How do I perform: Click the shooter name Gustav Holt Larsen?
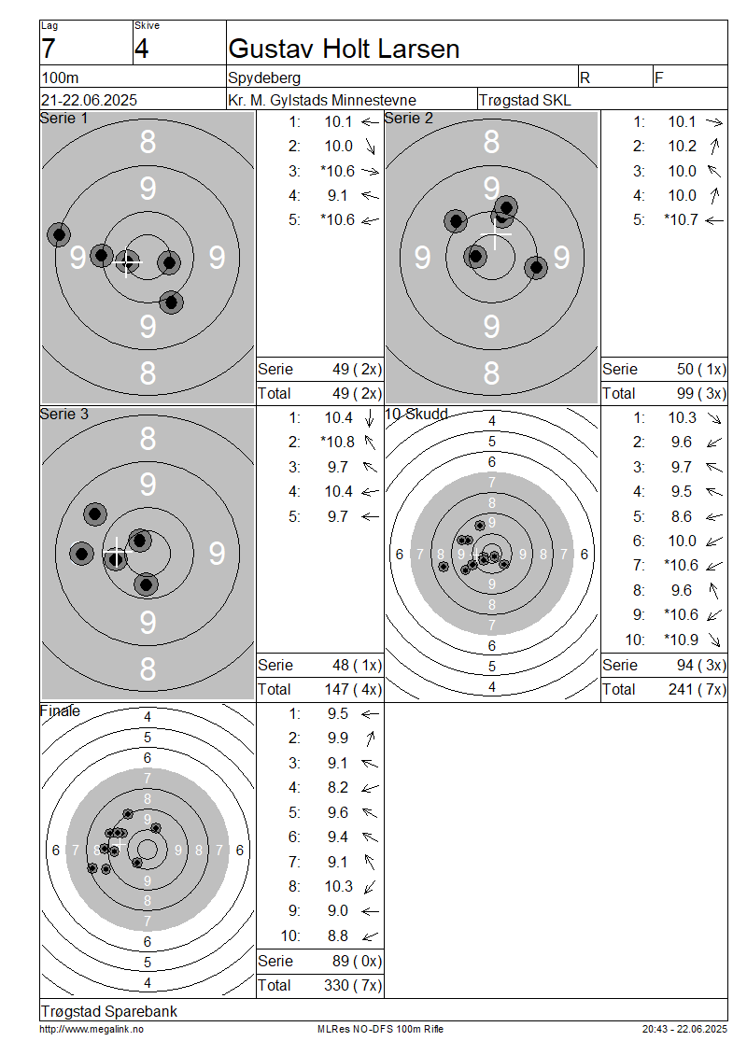point(344,49)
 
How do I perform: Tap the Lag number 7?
point(49,49)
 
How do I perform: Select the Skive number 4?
point(141,49)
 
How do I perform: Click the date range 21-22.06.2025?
point(89,100)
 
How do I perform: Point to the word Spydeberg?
point(264,78)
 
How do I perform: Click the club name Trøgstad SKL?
point(525,100)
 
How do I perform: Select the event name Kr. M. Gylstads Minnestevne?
point(322,100)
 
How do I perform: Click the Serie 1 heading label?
point(63,119)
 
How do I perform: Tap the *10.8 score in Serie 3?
point(338,442)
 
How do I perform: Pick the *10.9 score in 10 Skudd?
point(681,640)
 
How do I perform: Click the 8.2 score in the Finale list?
point(338,788)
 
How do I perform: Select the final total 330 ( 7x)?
point(353,986)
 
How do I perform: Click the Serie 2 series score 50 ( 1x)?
point(701,370)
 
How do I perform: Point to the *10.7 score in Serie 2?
point(681,220)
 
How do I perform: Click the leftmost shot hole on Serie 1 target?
point(59,235)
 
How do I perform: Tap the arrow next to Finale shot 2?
point(370,738)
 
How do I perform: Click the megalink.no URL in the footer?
point(92,1030)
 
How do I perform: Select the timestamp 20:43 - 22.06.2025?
point(684,1030)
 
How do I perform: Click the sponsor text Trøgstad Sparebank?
point(109,1012)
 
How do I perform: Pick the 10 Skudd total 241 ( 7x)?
point(698,690)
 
